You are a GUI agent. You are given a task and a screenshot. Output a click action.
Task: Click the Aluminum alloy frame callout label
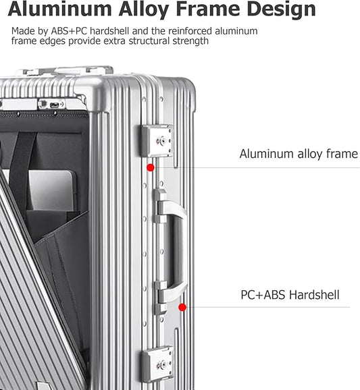299,154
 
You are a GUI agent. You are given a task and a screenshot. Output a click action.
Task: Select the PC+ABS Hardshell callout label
290,294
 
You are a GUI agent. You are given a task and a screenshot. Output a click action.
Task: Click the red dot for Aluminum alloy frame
151,167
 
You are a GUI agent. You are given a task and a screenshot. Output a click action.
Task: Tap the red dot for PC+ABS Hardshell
182,307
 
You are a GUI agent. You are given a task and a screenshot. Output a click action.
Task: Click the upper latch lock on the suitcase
158,141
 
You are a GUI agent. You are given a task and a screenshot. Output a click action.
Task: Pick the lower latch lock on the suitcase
158,364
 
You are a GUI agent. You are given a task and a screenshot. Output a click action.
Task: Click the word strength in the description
190,41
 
